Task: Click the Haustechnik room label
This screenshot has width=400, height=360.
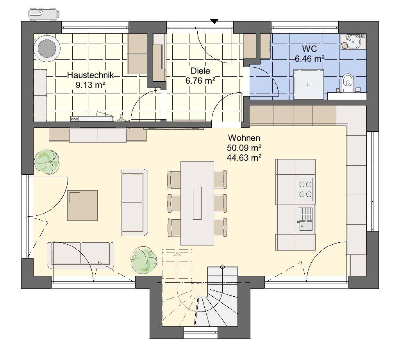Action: [x=90, y=75]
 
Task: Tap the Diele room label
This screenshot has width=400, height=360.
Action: [x=200, y=71]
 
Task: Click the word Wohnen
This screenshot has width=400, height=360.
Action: [x=244, y=138]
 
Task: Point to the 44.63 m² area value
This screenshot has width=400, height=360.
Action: [x=244, y=158]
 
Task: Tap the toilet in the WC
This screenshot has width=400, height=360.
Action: [x=346, y=82]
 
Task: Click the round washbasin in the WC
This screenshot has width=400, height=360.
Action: [x=354, y=41]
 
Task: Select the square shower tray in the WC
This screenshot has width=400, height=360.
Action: [x=309, y=84]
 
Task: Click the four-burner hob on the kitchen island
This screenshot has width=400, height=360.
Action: [x=305, y=188]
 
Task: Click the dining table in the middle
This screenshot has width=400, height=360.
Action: [x=197, y=202]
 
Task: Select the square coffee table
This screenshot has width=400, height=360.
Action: [x=82, y=205]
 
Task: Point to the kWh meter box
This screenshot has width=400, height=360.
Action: [x=74, y=118]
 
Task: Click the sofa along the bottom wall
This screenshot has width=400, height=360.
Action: [x=80, y=255]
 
